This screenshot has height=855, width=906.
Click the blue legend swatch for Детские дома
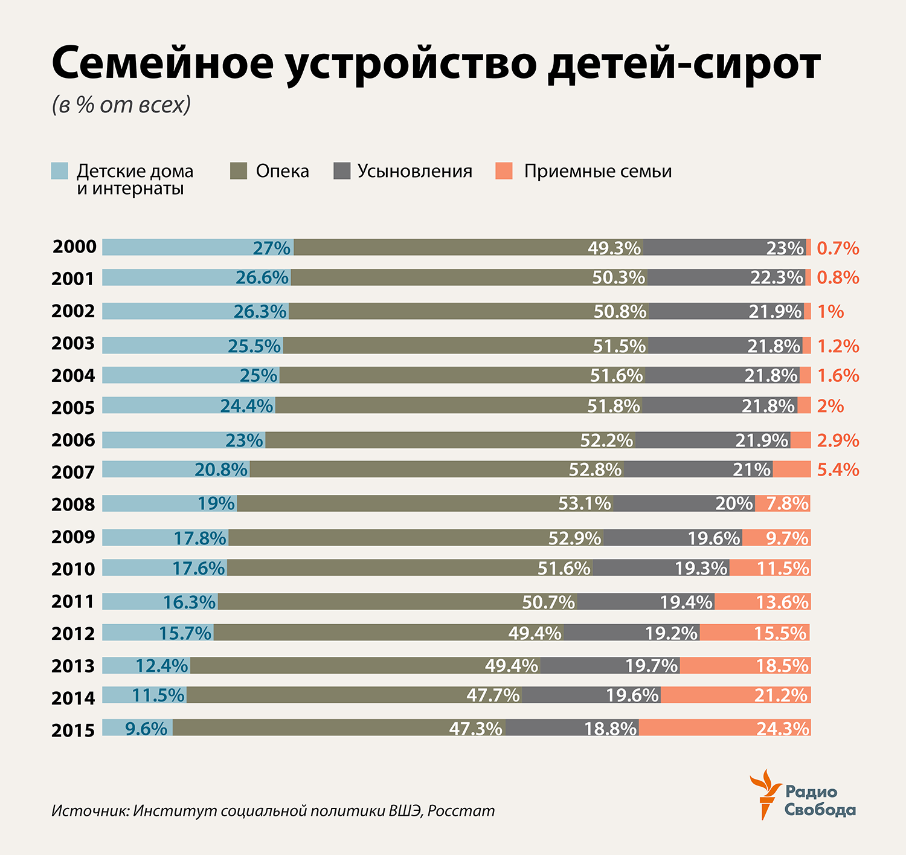point(60,171)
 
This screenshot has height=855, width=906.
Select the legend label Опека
point(282,171)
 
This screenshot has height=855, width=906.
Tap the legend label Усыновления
point(414,171)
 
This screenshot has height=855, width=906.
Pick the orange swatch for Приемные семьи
point(504,171)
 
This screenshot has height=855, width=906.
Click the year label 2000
point(74,247)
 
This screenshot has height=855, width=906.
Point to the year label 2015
point(73,731)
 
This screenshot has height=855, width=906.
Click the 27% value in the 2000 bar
point(271,248)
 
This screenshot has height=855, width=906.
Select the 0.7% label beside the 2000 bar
point(838,248)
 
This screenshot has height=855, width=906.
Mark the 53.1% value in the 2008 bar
point(584,503)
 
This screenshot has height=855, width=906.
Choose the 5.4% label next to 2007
point(838,469)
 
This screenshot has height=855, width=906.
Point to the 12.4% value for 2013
point(161,666)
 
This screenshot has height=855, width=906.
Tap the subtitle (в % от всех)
point(121,105)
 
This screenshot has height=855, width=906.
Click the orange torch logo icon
point(764,793)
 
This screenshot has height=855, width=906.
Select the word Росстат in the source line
point(461,810)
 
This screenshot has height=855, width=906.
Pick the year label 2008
point(73,505)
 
